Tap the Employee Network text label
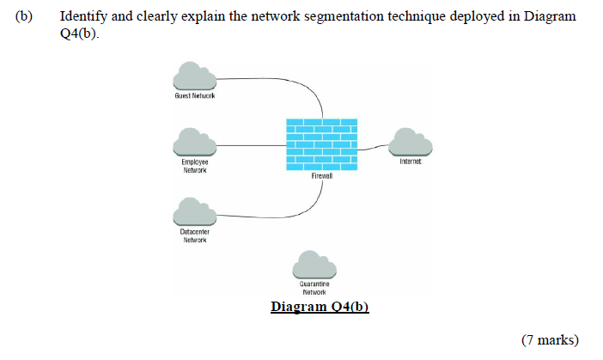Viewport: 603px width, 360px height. coord(194,166)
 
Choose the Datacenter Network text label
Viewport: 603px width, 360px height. coord(194,235)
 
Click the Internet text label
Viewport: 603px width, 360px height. coord(411,161)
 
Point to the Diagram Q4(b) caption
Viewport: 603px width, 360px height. coord(320,307)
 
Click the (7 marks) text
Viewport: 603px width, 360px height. coord(550,341)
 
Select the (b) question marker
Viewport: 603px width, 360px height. coord(24,16)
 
